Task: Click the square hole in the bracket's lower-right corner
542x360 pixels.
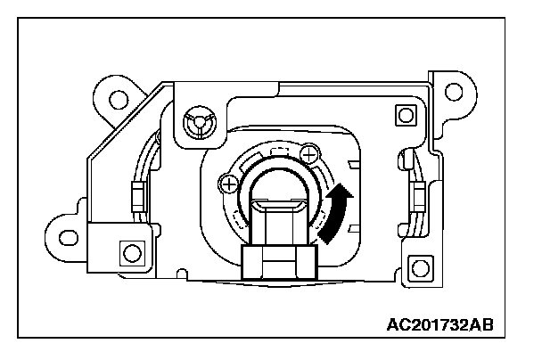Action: coord(415,266)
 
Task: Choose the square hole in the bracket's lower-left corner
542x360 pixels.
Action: coord(131,252)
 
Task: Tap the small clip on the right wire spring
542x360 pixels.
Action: coord(415,194)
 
